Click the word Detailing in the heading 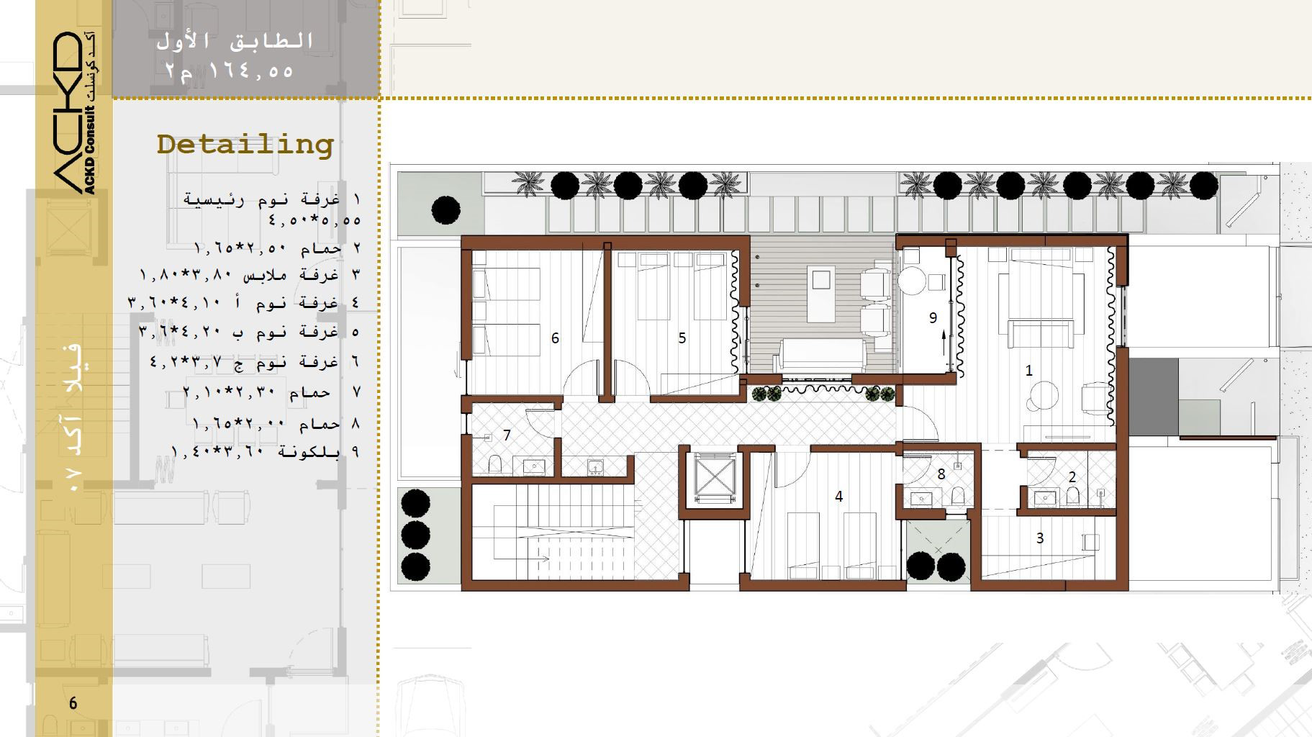pos(245,145)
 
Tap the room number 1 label pos(1028,370)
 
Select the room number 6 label pos(555,338)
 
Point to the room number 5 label pos(682,338)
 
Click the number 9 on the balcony pos(933,317)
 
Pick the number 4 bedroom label pos(838,496)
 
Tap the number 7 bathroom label pos(507,435)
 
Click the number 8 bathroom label pos(941,474)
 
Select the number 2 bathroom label pos(1072,476)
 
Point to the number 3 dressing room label pos(1039,538)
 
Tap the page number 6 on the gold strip pos(73,703)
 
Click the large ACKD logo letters pos(68,112)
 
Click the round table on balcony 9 pos(915,280)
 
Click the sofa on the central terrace pos(825,356)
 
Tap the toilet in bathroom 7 pos(495,464)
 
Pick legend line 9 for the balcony pos(265,451)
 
